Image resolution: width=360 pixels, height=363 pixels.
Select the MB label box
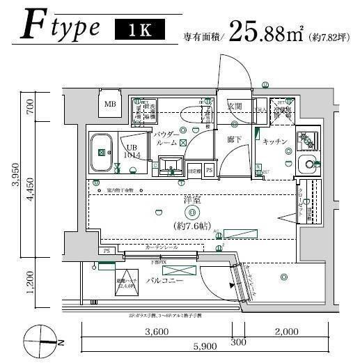[109, 105]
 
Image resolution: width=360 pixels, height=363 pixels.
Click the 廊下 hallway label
[235, 139]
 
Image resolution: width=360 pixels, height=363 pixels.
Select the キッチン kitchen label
[275, 141]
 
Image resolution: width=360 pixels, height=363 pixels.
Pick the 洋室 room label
[192, 201]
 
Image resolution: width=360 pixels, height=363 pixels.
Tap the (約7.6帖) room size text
[192, 225]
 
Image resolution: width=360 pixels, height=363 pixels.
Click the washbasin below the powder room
[169, 167]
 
